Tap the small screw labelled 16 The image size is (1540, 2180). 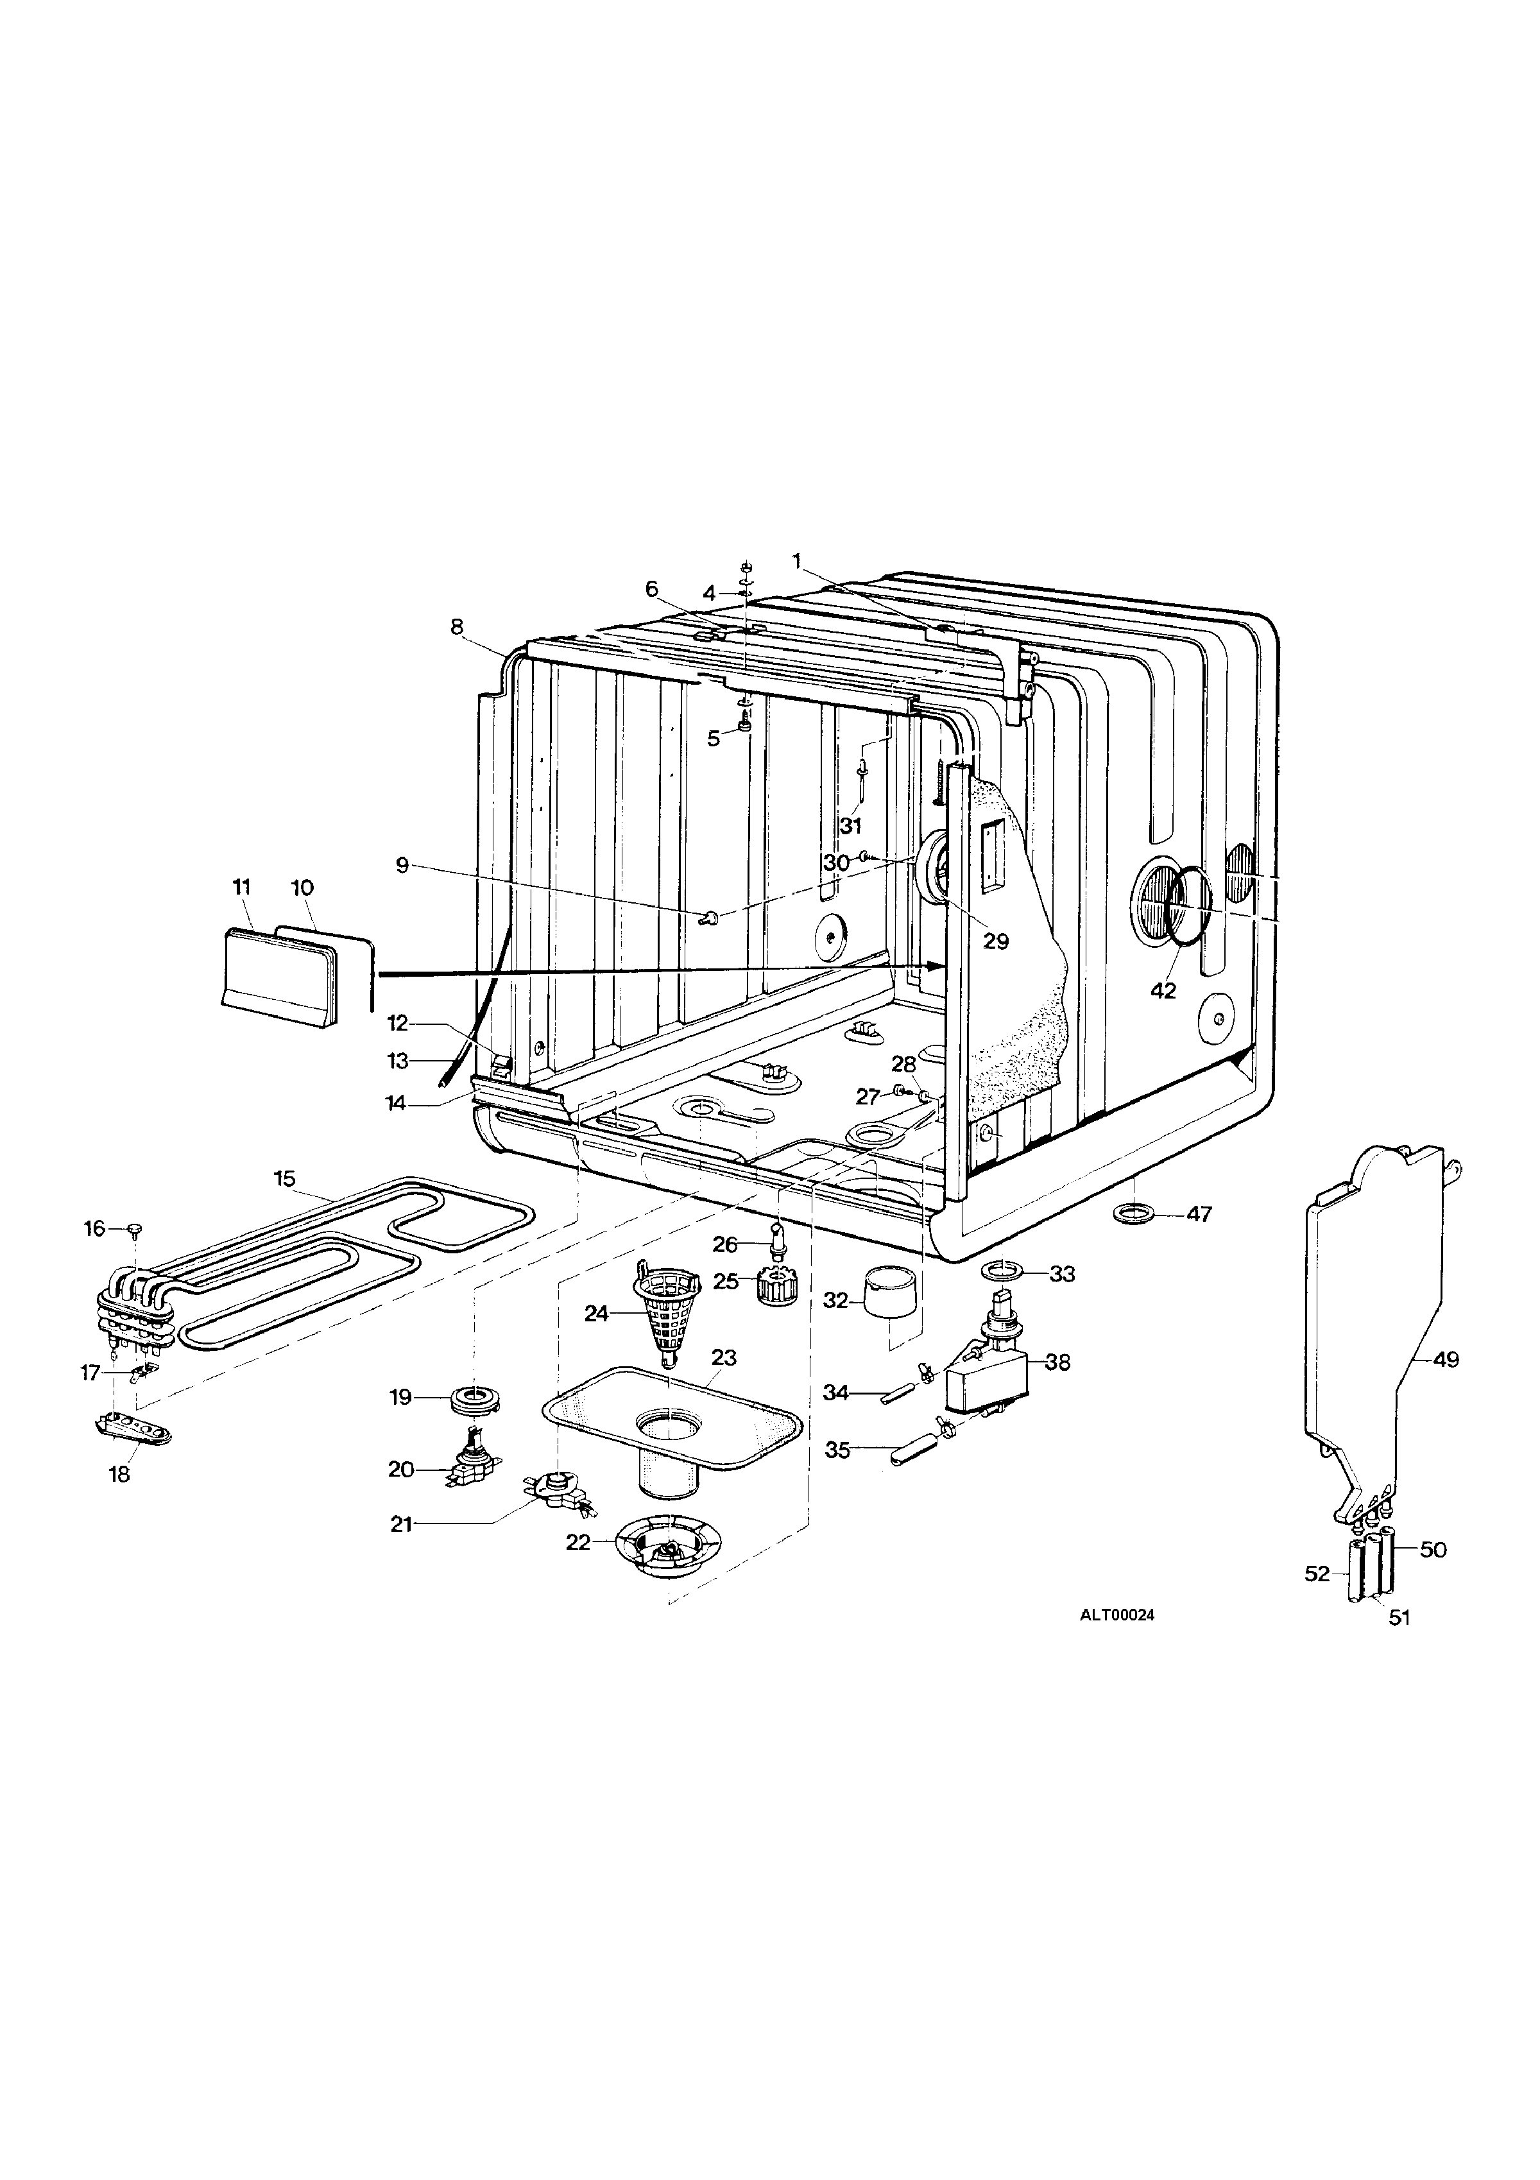click(135, 1230)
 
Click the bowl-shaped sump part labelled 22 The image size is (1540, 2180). click(667, 1547)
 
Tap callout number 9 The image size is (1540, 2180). click(402, 865)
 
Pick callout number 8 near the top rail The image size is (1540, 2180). click(457, 626)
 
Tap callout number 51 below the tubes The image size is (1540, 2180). click(1399, 1618)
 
